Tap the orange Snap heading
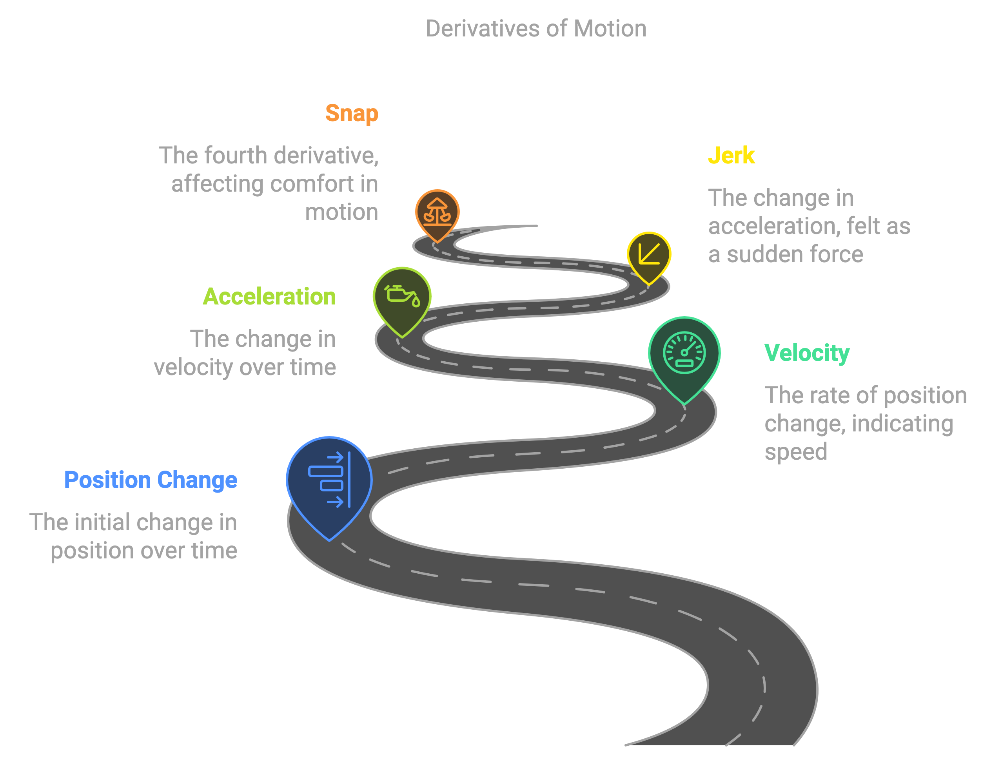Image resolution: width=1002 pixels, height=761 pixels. tap(352, 114)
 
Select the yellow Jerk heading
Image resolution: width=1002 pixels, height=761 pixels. tap(732, 155)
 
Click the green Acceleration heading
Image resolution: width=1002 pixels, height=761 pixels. tap(269, 297)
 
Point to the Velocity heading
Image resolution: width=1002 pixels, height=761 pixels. tap(807, 353)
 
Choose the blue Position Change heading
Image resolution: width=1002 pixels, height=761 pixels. tap(151, 480)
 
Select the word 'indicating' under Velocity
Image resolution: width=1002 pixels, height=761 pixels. tap(903, 424)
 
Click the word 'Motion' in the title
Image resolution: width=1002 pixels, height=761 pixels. tap(610, 29)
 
